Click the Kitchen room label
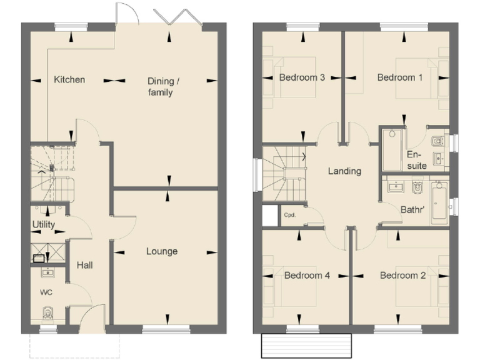(x=69, y=79)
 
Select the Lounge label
(x=162, y=251)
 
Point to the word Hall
(x=85, y=266)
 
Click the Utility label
(x=43, y=224)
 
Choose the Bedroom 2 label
(x=402, y=275)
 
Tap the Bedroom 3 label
(x=302, y=78)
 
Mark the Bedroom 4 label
(x=307, y=275)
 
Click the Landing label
(x=344, y=171)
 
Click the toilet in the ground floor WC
(x=47, y=313)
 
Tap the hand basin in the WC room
(x=47, y=272)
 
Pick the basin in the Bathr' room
(x=395, y=186)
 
